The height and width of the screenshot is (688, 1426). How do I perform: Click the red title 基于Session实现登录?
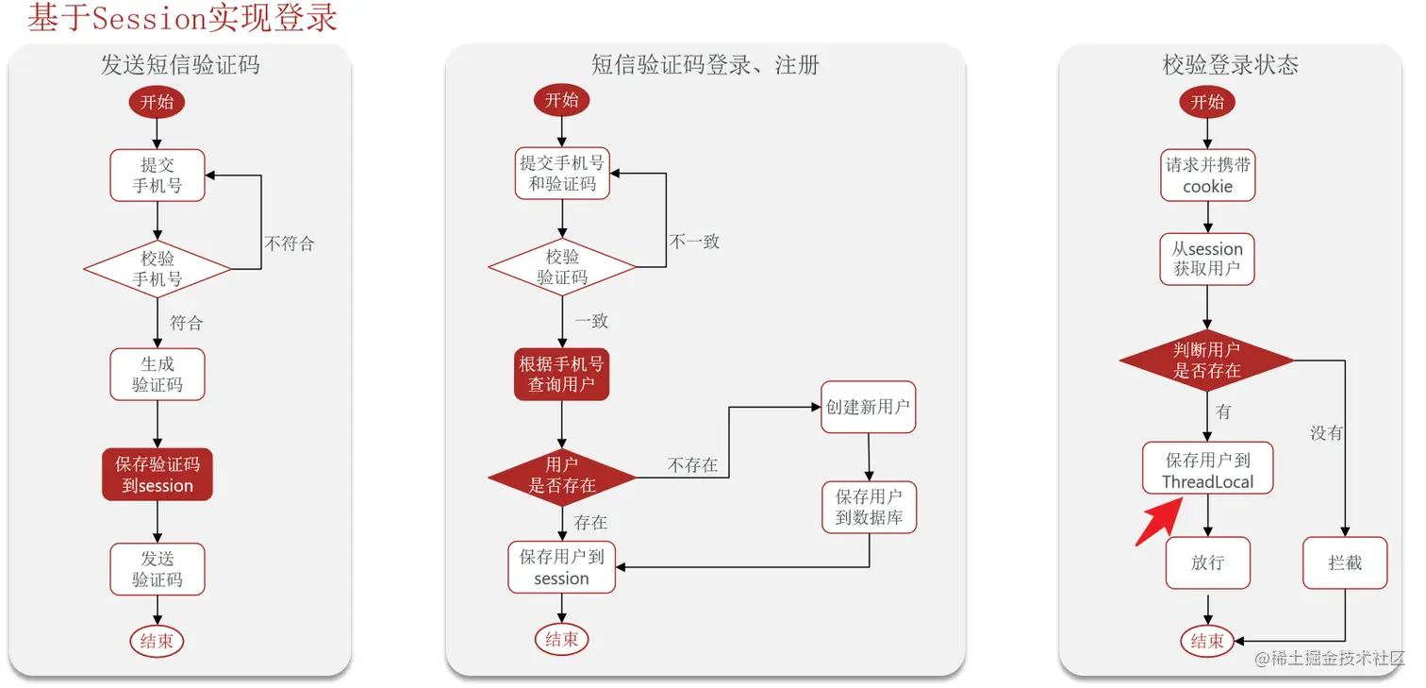coord(182,18)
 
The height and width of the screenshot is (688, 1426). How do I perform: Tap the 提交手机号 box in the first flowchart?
coord(158,175)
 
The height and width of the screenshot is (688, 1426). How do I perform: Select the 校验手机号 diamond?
coord(158,269)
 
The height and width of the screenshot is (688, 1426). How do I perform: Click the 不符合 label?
coord(290,243)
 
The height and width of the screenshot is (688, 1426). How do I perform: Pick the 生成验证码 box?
coord(158,375)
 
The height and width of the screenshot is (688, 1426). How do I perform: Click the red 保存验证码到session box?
coord(158,475)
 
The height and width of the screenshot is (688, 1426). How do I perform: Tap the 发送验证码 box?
coord(158,569)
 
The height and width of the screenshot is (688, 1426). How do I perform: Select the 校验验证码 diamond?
coord(562,267)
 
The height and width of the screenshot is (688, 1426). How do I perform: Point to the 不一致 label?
coord(694,242)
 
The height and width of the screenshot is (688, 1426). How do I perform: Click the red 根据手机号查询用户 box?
coord(562,374)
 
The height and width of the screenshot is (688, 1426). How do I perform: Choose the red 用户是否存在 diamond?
coord(562,476)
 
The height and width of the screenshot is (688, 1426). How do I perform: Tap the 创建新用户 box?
coord(868,407)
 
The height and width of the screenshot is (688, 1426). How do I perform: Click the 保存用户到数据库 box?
coord(869,508)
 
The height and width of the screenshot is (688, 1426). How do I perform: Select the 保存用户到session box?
coord(562,567)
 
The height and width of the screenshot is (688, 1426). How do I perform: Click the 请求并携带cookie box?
coord(1207,176)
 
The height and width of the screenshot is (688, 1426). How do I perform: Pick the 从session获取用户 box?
coord(1207,259)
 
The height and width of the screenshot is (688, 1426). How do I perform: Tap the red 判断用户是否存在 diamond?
coord(1207,361)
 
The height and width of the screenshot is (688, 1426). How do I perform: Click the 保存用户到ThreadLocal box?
coord(1207,470)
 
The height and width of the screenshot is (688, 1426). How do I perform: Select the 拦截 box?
coord(1345,563)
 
